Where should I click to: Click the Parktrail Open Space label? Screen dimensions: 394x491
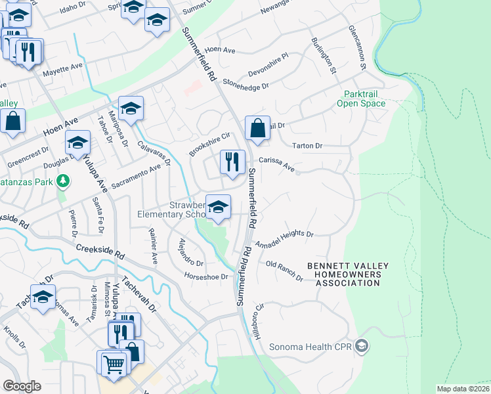(361, 98)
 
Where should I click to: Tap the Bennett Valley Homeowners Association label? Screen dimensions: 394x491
(348, 274)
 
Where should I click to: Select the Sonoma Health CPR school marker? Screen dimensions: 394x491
(361, 345)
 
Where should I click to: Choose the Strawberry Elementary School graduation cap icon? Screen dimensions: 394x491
(218, 207)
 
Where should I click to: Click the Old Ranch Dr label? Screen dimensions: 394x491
(284, 270)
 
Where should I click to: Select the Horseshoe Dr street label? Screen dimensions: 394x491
(205, 276)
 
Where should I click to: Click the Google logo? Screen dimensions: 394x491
(22, 386)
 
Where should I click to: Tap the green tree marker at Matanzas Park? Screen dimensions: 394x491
(63, 180)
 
